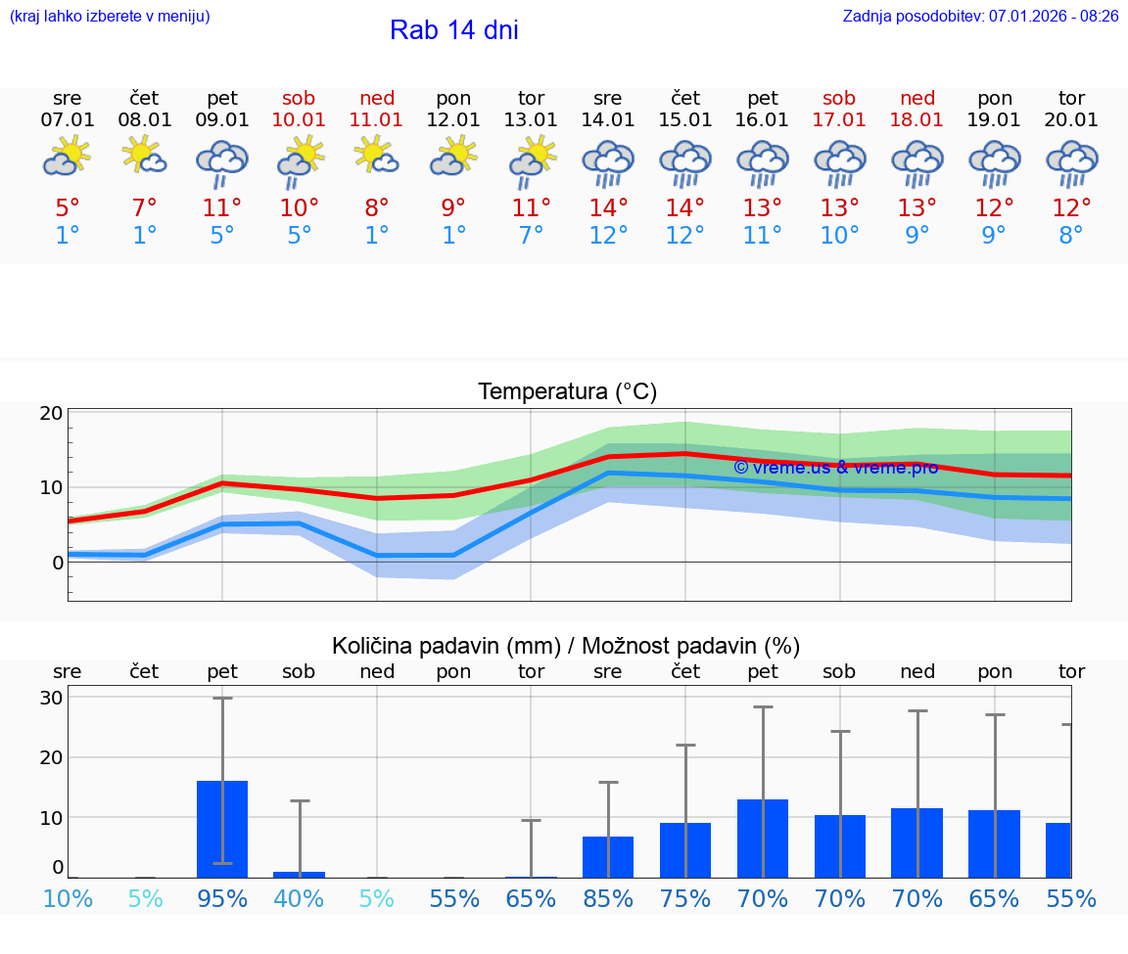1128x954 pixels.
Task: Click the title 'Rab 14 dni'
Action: point(453,30)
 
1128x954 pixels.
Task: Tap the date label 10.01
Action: point(300,120)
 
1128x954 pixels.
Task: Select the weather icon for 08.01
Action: point(144,157)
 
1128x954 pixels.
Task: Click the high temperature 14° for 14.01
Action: point(607,207)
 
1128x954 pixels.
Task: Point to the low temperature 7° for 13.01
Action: point(531,236)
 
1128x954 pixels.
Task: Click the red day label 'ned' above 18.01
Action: point(917,98)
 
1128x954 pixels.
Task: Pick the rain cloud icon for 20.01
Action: point(1071,163)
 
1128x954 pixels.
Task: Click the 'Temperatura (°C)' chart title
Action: point(567,392)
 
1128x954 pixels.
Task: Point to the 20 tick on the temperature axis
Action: point(52,413)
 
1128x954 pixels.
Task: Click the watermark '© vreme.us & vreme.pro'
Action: point(835,468)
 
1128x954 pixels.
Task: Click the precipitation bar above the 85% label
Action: point(608,856)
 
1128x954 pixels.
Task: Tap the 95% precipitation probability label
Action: point(222,898)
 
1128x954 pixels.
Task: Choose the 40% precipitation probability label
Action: point(300,898)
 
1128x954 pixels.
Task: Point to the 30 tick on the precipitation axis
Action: point(52,698)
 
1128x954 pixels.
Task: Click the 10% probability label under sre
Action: point(68,898)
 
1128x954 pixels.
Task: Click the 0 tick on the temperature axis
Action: point(57,563)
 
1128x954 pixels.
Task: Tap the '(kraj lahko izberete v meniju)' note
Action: point(110,17)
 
